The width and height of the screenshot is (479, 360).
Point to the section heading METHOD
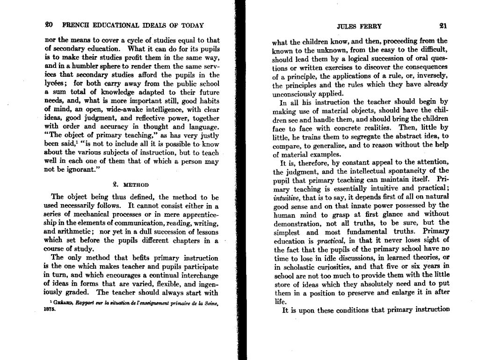[136, 185]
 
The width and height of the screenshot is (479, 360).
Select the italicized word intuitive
[285, 198]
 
